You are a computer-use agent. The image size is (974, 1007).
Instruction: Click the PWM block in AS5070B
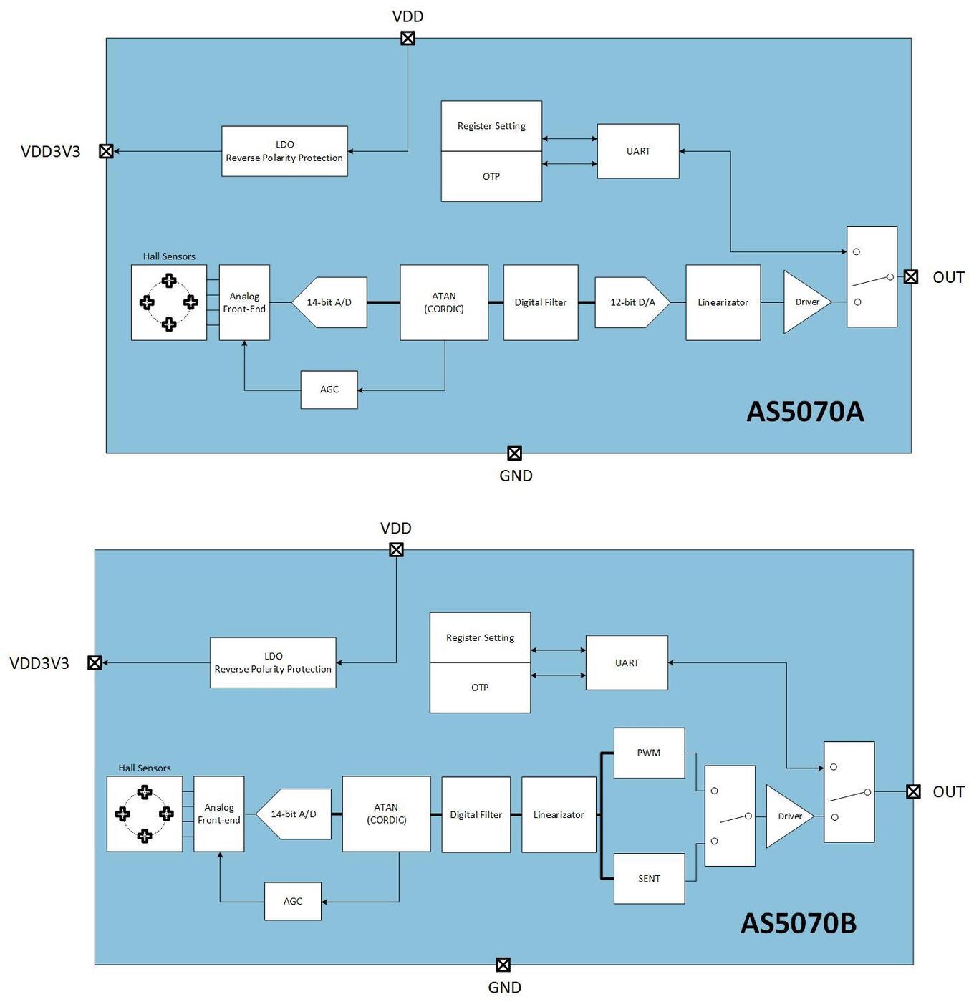(x=649, y=753)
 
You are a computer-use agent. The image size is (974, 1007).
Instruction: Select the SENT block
(x=649, y=878)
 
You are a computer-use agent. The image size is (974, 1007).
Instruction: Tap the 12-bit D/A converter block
(x=632, y=302)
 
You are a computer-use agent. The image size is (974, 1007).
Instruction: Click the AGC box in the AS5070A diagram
(x=329, y=390)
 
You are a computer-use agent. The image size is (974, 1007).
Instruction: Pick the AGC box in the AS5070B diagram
(x=292, y=901)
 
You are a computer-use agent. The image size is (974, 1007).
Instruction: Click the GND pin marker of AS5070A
(x=514, y=453)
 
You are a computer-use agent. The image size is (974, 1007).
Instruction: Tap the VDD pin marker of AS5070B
(x=396, y=549)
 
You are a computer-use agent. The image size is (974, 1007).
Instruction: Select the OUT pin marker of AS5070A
(x=910, y=276)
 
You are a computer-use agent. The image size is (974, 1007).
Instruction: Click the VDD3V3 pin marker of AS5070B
(x=95, y=662)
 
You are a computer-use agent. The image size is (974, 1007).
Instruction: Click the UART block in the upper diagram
(x=638, y=151)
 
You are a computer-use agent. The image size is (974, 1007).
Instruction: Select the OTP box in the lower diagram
(x=480, y=688)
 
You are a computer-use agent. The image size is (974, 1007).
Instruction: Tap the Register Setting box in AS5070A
(x=491, y=126)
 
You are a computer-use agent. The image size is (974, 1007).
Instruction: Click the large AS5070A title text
(x=805, y=411)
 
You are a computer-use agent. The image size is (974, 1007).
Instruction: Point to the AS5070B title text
(x=798, y=923)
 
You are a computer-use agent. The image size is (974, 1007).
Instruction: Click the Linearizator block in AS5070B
(x=559, y=814)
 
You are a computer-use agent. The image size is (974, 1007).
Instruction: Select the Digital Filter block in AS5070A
(x=540, y=302)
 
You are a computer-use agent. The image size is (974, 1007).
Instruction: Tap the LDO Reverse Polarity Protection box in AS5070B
(x=273, y=662)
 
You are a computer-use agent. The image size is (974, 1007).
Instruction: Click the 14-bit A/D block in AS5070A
(x=330, y=302)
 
